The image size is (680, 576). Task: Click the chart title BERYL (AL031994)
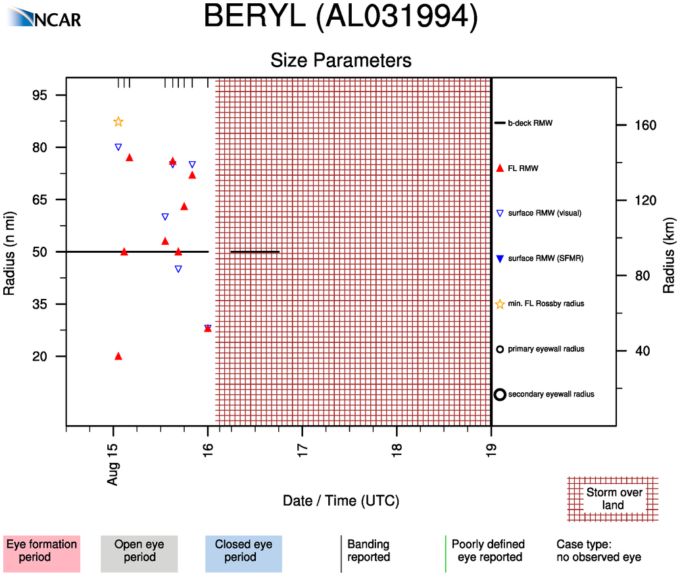tap(340, 16)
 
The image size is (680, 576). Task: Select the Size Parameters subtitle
tap(341, 60)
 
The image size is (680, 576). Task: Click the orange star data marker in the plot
tap(118, 122)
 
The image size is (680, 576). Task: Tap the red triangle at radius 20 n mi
tap(118, 356)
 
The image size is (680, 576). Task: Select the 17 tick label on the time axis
tap(303, 449)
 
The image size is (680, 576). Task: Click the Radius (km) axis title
tap(668, 252)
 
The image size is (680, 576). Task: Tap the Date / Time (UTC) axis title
tap(341, 501)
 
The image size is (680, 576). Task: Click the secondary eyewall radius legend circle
tap(500, 394)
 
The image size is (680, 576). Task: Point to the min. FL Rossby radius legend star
tap(500, 304)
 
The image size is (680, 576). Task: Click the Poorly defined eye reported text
tap(488, 551)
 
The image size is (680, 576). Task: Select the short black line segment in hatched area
tap(255, 251)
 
